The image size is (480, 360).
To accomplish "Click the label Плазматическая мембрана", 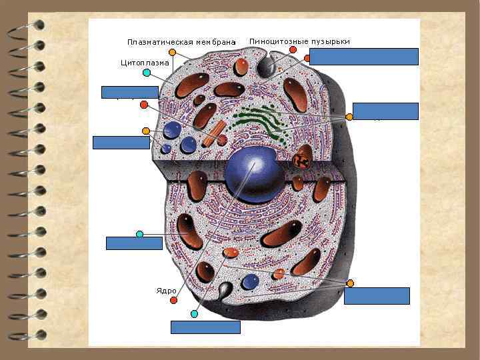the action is [x=181, y=43].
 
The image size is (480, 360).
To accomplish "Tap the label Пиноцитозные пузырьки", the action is [x=299, y=41].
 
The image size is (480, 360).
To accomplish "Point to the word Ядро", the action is [x=166, y=291].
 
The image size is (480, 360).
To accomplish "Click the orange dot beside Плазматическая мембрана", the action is [x=173, y=52].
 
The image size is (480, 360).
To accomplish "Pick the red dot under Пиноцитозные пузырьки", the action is [x=293, y=50].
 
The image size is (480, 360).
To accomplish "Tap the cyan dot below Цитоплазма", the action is [x=146, y=73].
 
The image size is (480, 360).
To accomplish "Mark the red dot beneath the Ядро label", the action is [x=173, y=301].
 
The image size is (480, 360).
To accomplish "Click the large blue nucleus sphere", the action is [x=255, y=174].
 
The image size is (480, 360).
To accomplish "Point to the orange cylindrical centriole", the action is [x=212, y=133].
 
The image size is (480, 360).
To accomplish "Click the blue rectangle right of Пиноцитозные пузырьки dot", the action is [x=363, y=57].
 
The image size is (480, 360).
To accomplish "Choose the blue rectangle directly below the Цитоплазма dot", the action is [x=129, y=92].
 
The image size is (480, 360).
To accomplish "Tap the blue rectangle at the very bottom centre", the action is [x=205, y=327].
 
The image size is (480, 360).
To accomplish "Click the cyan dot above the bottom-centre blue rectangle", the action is [x=194, y=313].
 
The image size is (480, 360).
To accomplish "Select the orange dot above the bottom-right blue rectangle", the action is [x=350, y=283].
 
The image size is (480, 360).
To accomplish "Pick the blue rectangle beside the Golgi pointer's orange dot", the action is [x=385, y=111].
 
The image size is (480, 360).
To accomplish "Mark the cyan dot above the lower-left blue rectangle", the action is [x=139, y=234].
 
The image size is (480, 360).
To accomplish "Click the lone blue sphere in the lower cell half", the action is [x=250, y=281].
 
